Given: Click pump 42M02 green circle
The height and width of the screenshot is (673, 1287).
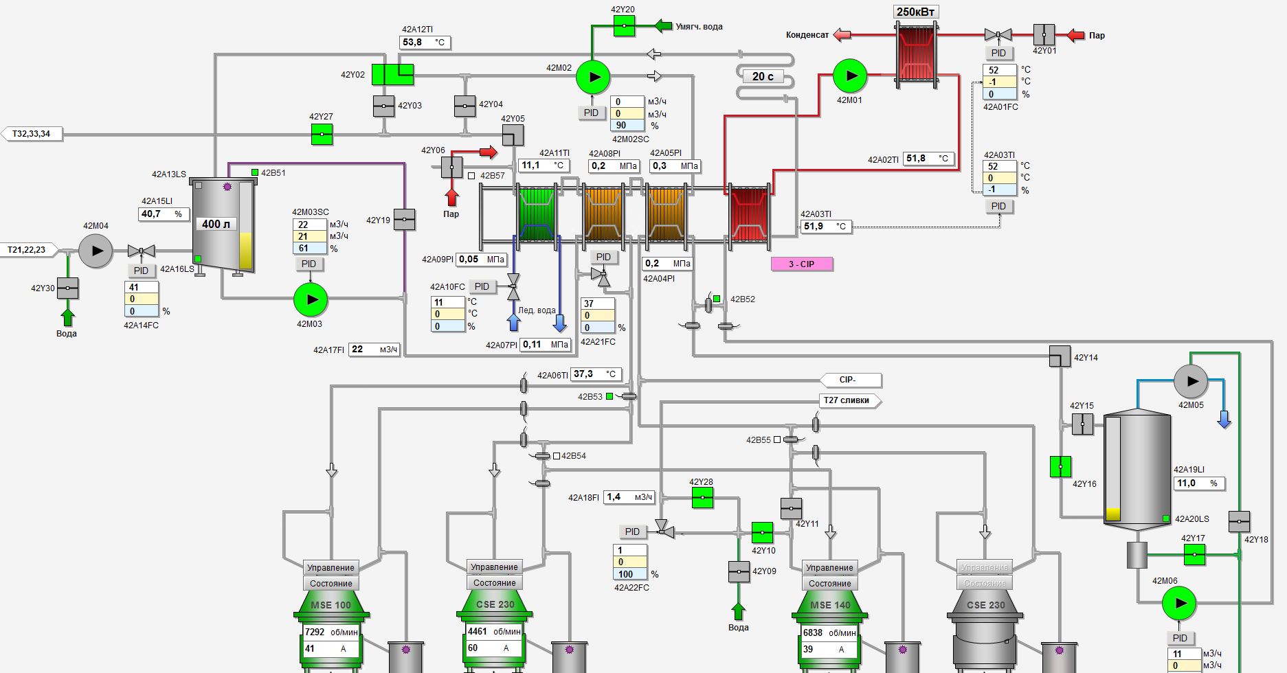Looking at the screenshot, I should pyautogui.click(x=592, y=77).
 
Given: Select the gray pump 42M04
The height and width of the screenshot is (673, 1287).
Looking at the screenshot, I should pyautogui.click(x=96, y=251).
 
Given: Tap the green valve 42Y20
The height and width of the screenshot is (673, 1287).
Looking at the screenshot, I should pyautogui.click(x=624, y=26).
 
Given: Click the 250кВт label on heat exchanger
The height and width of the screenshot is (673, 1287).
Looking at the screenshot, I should pyautogui.click(x=917, y=12).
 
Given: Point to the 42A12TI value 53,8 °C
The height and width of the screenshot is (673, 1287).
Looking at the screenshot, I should pyautogui.click(x=424, y=43).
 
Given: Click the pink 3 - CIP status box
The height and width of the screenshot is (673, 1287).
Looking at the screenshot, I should pyautogui.click(x=801, y=264).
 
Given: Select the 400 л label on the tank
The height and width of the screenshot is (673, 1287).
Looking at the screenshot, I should pyautogui.click(x=216, y=224).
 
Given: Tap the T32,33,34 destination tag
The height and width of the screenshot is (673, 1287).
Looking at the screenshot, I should pyautogui.click(x=32, y=134).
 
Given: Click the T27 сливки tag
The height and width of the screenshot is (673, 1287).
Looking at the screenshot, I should pyautogui.click(x=849, y=400).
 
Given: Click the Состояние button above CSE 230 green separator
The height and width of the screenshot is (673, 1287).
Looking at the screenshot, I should pyautogui.click(x=494, y=583).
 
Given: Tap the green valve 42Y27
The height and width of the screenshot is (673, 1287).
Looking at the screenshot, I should pyautogui.click(x=322, y=134).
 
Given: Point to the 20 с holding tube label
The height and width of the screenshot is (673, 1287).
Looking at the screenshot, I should pyautogui.click(x=762, y=76).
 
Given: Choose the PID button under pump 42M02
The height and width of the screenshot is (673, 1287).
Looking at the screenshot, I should pyautogui.click(x=591, y=113).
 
